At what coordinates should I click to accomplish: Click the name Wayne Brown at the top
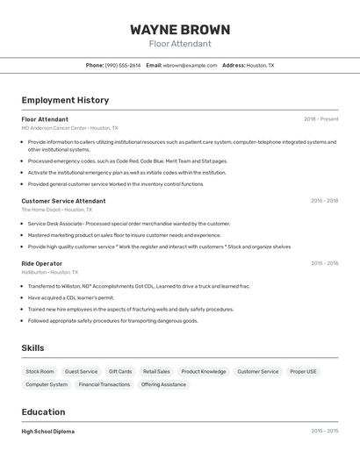(x=180, y=29)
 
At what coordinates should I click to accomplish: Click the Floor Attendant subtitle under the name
(x=180, y=44)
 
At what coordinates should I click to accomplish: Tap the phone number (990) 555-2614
(x=122, y=65)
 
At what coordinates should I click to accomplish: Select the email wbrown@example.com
(x=190, y=65)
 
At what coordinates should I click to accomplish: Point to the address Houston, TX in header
(x=260, y=65)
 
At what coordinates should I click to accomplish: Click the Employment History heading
(x=65, y=100)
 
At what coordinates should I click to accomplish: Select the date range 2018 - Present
(x=320, y=119)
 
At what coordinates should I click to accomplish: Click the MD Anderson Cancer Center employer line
(x=69, y=128)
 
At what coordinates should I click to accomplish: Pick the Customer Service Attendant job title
(x=63, y=201)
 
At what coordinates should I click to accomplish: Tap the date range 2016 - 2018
(x=324, y=201)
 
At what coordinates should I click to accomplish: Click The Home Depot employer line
(x=53, y=210)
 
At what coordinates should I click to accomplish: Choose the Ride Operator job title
(x=42, y=263)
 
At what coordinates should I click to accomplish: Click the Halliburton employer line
(x=50, y=272)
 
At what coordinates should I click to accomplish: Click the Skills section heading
(x=32, y=348)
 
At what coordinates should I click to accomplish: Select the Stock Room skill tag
(x=40, y=371)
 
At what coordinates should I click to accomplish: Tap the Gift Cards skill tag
(x=120, y=371)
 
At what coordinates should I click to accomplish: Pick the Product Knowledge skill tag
(x=204, y=371)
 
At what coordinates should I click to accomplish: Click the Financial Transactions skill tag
(x=104, y=384)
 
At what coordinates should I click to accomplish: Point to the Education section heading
(x=43, y=412)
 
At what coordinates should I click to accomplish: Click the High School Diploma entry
(x=47, y=432)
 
